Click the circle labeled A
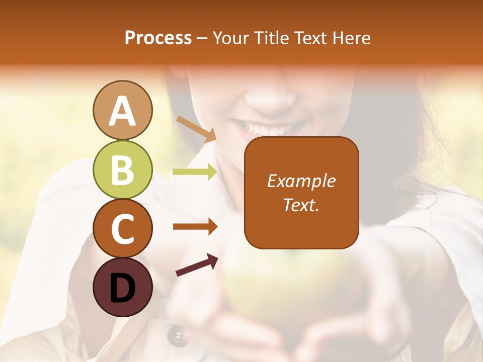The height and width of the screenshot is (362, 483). pos(123,110)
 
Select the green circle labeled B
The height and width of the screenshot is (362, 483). pos(123,169)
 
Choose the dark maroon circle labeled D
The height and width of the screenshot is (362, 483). pos(123,287)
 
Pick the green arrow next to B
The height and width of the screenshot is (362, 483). pos(195,172)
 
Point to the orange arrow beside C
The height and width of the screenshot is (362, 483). pos(195,227)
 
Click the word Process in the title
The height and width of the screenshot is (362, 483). pos(158,38)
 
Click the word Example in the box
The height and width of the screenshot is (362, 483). pos(301,182)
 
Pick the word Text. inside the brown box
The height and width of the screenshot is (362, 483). pos(301,205)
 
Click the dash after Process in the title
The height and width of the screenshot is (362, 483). pos(202,38)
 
